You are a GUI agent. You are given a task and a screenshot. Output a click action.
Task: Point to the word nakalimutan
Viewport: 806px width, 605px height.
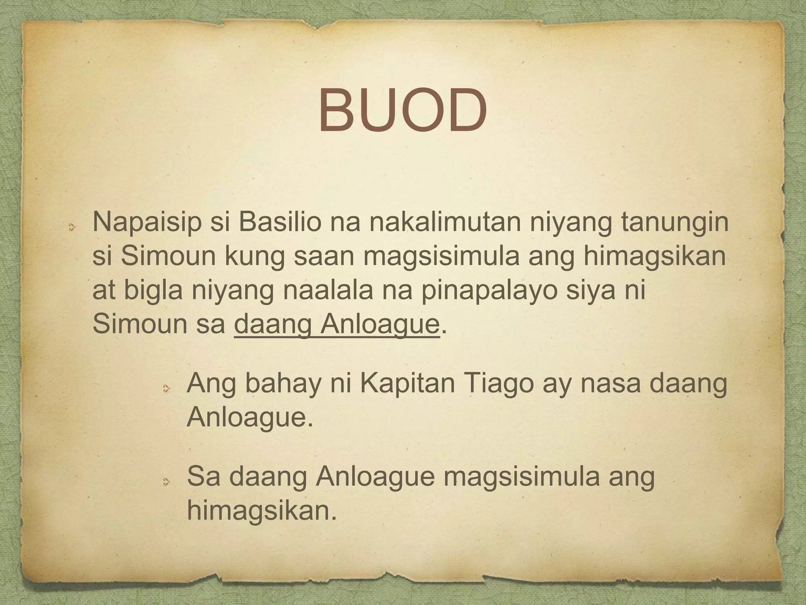point(425,223)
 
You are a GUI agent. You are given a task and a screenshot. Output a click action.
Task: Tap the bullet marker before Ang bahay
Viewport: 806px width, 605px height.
point(166,389)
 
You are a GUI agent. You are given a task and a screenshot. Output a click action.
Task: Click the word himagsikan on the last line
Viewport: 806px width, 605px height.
point(262,512)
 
